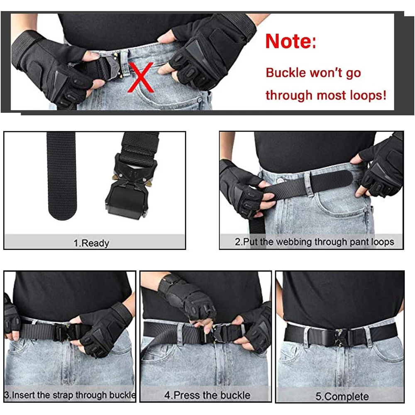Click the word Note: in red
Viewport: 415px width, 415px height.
tap(290, 41)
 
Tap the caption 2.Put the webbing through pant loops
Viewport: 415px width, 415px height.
tap(314, 242)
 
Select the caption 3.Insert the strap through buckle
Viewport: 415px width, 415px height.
tap(70, 395)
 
